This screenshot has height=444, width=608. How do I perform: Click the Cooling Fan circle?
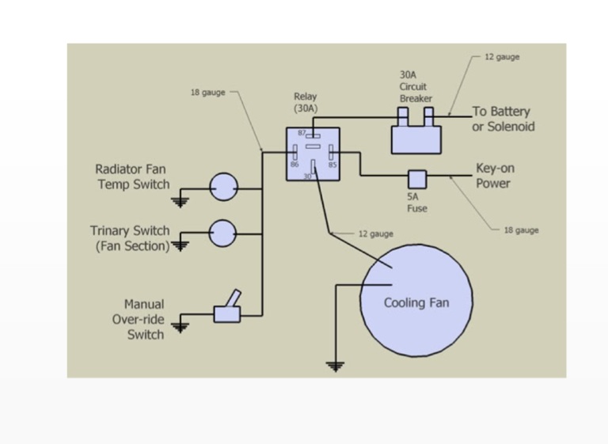coord(416,302)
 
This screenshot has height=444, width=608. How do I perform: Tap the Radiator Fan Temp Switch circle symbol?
coord(223,188)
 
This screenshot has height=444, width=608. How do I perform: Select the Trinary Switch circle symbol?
coord(222,233)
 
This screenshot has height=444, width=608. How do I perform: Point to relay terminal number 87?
coord(303,132)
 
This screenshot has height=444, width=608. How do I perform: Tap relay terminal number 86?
coord(294,165)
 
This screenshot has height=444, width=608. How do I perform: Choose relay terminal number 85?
coord(332,165)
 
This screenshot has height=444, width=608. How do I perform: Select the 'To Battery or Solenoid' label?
coord(503,119)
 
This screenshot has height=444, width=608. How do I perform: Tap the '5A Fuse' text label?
coord(416,203)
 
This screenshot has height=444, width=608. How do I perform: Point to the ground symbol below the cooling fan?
coord(336,366)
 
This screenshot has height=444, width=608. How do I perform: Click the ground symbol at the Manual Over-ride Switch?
coord(181,326)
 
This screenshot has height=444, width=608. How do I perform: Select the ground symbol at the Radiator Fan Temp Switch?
coord(181,202)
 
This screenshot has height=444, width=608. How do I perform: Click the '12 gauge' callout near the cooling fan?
coord(375,233)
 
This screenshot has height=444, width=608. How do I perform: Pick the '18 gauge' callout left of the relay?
coord(207,93)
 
